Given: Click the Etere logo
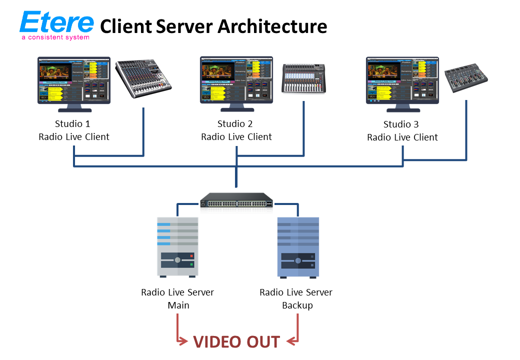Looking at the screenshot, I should click(56, 22).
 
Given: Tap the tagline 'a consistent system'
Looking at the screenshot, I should click(55, 37).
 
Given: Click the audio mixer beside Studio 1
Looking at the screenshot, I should click(143, 78).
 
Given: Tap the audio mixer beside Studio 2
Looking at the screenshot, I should click(303, 78).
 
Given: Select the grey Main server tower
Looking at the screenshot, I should click(178, 247).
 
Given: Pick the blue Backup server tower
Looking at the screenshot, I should click(298, 247).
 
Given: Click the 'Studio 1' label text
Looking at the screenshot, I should click(74, 124).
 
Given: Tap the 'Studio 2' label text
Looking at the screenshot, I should click(236, 124).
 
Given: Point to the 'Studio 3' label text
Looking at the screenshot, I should click(402, 124).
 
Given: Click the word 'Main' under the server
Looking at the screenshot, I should click(178, 305).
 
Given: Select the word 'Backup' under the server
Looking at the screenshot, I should click(297, 305).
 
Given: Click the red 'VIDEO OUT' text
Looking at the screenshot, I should click(236, 341).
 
